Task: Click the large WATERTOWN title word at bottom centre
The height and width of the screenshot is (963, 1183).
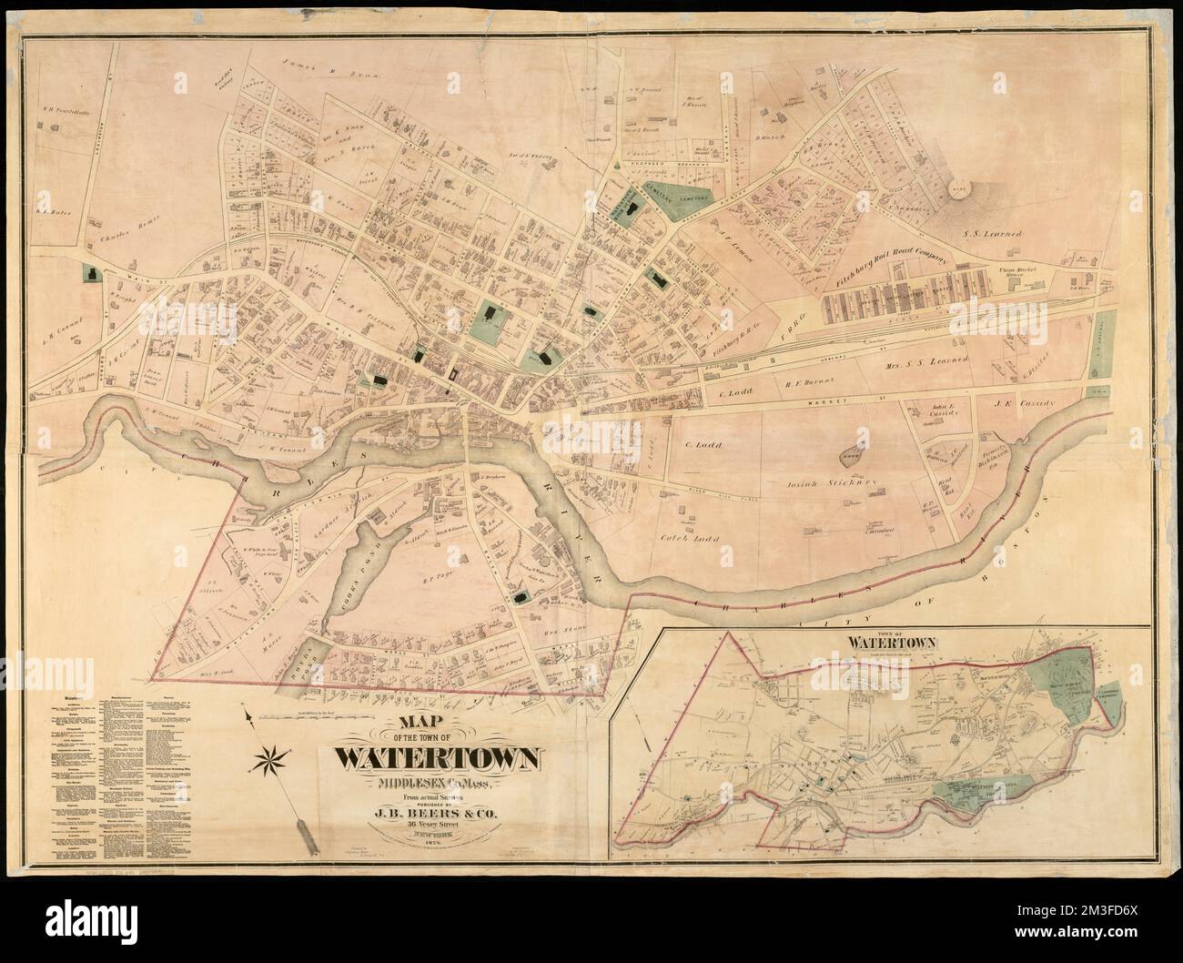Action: click(440, 758)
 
